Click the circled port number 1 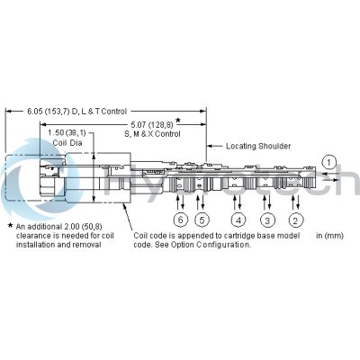pyautogui.click(x=329, y=162)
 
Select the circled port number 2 pyautogui.click(x=295, y=220)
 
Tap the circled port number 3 pyautogui.click(x=266, y=220)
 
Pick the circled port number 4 pyautogui.click(x=238, y=220)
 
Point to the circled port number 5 pyautogui.click(x=202, y=220)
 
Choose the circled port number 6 pyautogui.click(x=181, y=220)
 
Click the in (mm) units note pyautogui.click(x=330, y=236)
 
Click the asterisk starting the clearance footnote pyautogui.click(x=10, y=227)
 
